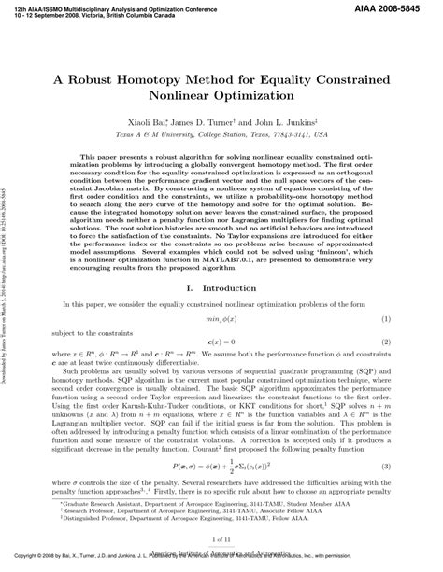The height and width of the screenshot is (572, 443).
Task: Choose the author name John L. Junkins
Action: [x=297, y=122]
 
